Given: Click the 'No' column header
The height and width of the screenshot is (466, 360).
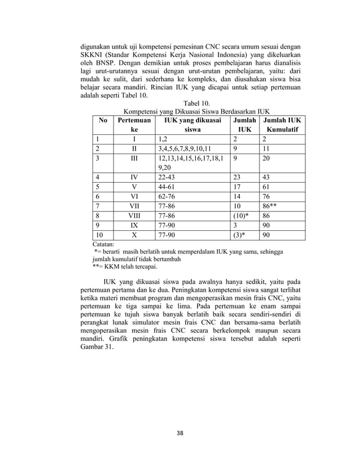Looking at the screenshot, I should click(x=103, y=120).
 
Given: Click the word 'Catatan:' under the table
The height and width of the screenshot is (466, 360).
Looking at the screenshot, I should click(x=102, y=245).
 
